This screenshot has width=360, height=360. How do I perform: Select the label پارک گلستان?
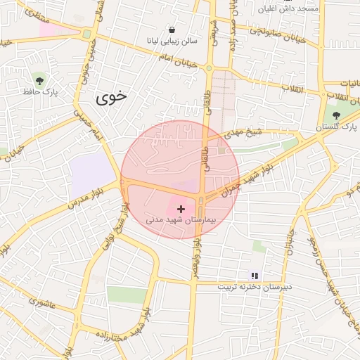click(x=337, y=127)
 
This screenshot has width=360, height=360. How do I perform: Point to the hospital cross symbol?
click(x=182, y=208)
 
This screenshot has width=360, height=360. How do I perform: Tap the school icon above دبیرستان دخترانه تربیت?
click(x=255, y=276)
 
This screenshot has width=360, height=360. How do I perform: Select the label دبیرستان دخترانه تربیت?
click(x=254, y=288)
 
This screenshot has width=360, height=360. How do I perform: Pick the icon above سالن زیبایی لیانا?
click(x=172, y=30)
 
